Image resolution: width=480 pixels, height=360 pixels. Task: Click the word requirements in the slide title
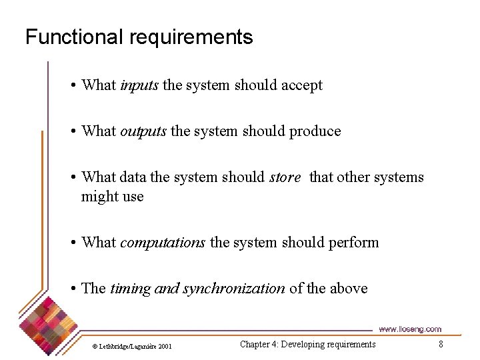click(x=191, y=37)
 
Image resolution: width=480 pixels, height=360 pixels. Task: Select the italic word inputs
click(x=139, y=85)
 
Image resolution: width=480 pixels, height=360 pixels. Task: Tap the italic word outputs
click(x=143, y=131)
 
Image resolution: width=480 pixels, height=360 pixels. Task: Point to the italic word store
click(x=285, y=177)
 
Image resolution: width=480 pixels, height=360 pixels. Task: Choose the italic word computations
click(x=163, y=243)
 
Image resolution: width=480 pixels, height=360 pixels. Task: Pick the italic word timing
click(x=130, y=289)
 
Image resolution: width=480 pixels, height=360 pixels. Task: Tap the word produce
click(x=315, y=131)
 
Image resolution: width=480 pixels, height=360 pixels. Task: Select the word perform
click(x=353, y=243)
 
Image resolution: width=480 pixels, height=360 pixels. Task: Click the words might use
click(x=112, y=197)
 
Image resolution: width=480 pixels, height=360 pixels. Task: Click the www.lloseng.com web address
click(x=409, y=329)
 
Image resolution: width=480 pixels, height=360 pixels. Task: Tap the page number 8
click(x=441, y=344)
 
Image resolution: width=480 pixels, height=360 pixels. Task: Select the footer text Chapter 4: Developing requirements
click(x=307, y=344)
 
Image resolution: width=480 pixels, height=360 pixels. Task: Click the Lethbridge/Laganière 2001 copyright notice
click(x=131, y=346)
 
